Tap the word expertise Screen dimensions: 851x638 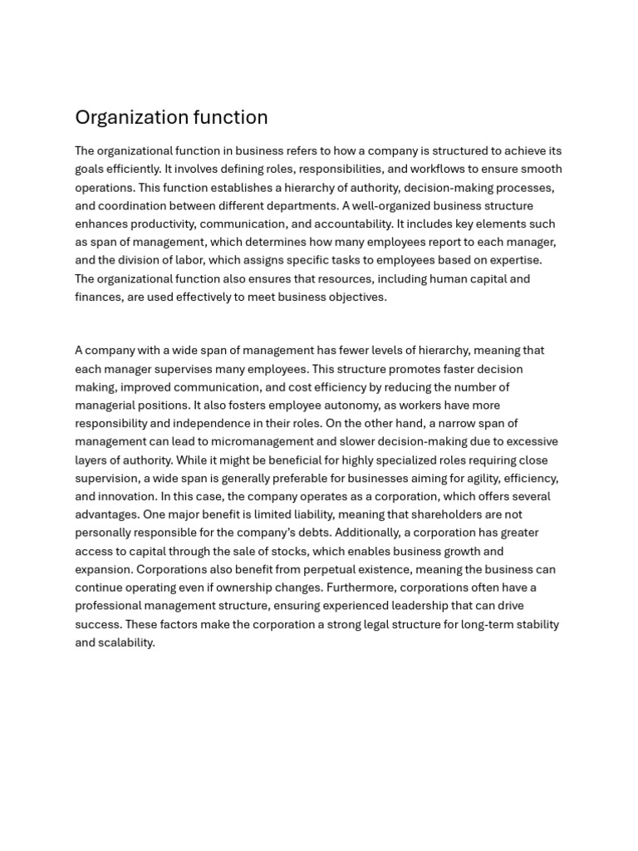pos(514,260)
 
